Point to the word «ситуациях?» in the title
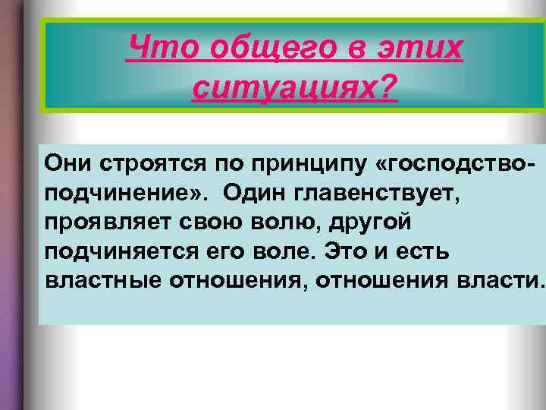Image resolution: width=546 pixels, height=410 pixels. tap(295, 90)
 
